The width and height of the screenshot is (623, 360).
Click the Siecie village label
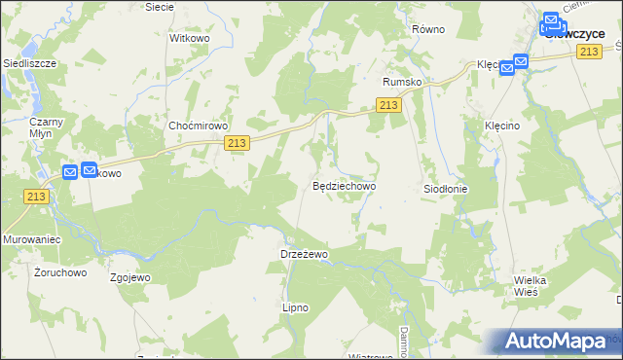159,6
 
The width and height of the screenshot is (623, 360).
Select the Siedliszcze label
30,62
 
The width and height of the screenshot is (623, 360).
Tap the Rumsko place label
402,82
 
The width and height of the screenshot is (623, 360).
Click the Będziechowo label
344,184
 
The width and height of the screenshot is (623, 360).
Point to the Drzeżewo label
300,253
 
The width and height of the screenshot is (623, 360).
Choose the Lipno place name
294,307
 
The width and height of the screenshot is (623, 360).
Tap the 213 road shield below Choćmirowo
237,143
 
